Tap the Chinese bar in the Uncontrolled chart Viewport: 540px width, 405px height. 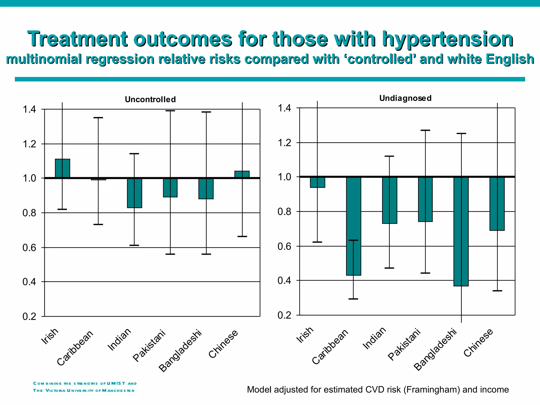[x=246, y=174]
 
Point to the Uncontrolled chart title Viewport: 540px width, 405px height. [x=150, y=99]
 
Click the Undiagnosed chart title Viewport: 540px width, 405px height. [x=405, y=98]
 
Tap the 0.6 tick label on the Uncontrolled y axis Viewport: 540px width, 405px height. [x=29, y=248]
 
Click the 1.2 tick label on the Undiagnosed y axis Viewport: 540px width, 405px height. [x=284, y=143]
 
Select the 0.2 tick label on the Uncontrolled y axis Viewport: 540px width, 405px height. [x=29, y=316]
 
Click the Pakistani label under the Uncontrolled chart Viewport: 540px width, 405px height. [x=149, y=345]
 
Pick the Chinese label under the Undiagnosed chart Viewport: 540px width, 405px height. [x=478, y=343]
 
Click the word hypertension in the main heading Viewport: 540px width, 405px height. [x=447, y=39]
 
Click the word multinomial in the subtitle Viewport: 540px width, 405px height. [x=44, y=59]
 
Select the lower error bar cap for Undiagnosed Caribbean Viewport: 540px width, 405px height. [x=353, y=299]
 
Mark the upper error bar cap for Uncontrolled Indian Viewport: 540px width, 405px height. [x=134, y=153]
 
